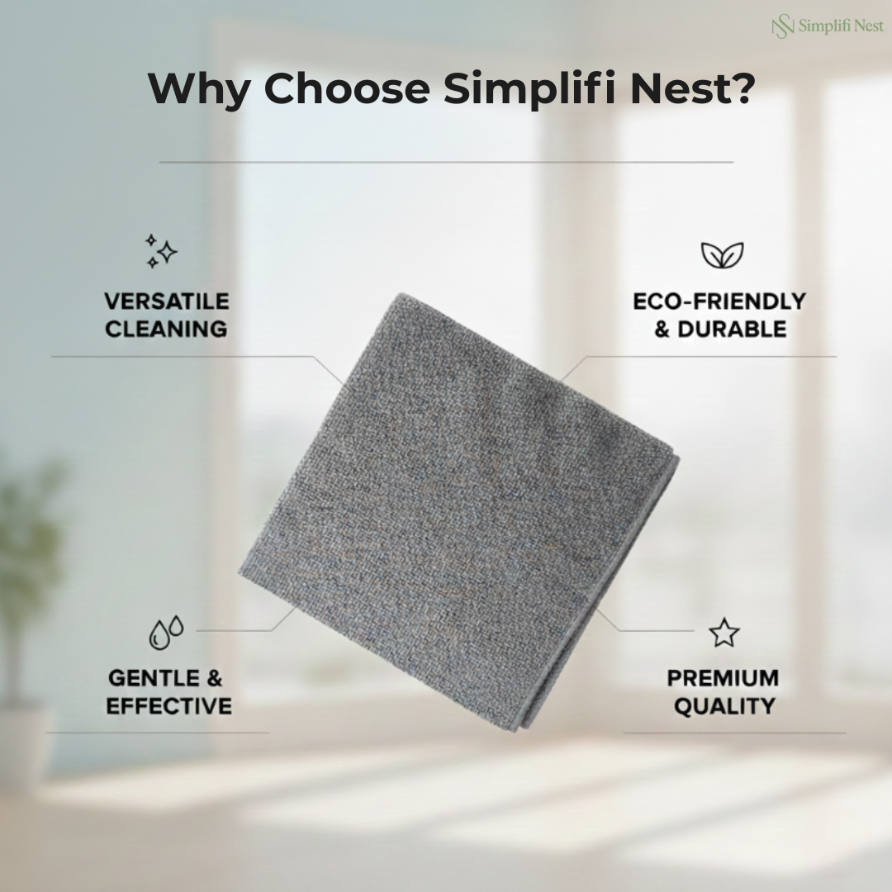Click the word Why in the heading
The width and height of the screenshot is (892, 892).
[198, 88]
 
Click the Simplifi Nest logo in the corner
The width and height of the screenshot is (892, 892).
[828, 26]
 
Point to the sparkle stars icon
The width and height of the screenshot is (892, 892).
[161, 251]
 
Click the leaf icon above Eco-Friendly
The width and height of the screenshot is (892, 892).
[722, 255]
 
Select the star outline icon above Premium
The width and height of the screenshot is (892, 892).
[724, 633]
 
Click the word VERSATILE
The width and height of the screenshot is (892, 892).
[167, 301]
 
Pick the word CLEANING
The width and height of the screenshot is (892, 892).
[166, 330]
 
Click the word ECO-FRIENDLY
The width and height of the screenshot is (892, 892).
[719, 301]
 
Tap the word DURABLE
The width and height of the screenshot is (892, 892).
[732, 330]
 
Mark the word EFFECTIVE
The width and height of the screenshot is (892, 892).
[169, 706]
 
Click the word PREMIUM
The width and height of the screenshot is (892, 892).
[723, 678]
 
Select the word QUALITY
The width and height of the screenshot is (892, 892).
[724, 706]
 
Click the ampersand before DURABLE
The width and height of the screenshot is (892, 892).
[662, 330]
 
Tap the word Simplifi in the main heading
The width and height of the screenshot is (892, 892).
[530, 88]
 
